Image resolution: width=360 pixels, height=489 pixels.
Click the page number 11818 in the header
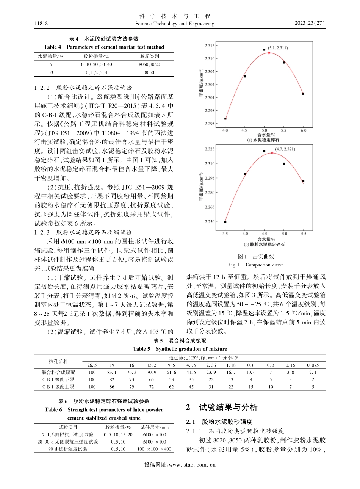coord(41,24)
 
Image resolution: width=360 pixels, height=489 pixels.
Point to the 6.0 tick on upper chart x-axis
coord(303,130)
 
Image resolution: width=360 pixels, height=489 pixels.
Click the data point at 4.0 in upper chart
coord(225,119)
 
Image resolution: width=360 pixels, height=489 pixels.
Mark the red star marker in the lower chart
coord(272,153)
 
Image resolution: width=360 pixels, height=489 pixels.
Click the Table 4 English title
coord(104,47)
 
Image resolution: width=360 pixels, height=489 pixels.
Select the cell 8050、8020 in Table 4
coord(149,64)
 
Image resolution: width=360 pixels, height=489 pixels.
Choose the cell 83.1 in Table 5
coord(112,373)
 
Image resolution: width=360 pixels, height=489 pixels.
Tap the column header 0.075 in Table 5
coord(313,365)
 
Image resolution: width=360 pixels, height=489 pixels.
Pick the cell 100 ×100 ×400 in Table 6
coord(154,449)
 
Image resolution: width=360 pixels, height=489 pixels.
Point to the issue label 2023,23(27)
coord(310,24)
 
